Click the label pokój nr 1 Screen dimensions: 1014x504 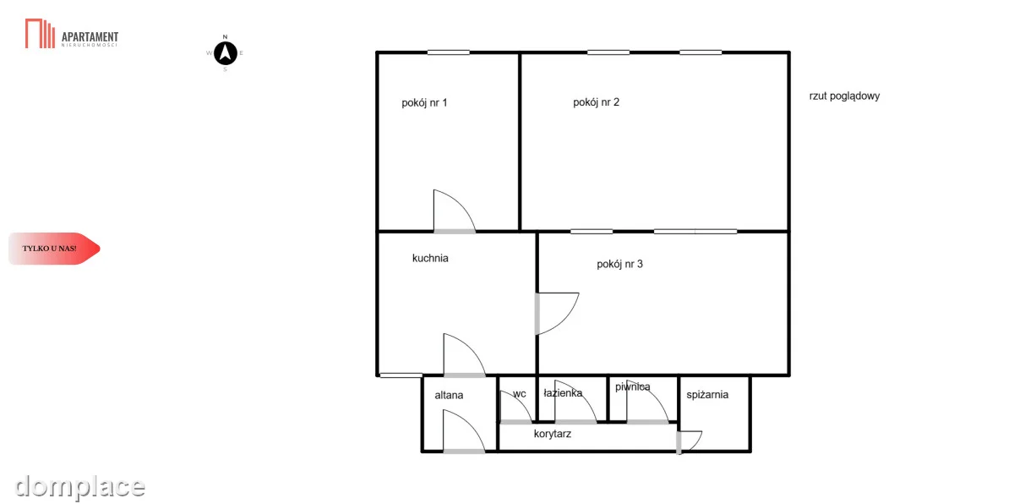coord(424,103)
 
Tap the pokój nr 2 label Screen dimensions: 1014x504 coord(596,103)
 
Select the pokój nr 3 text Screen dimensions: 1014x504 coord(619,265)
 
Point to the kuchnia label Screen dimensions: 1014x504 coord(430,258)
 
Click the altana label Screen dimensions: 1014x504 coord(449,395)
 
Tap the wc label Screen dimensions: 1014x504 coord(519,394)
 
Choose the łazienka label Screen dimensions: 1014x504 coord(563,393)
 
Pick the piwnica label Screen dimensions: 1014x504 coord(632,387)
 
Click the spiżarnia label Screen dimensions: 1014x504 coord(707,395)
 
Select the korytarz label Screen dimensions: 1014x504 coord(553,434)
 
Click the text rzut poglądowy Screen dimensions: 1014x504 coord(844,96)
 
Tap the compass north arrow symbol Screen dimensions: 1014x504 coord(226,53)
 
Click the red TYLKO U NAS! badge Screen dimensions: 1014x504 coord(54,249)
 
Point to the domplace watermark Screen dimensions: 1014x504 coord(79,487)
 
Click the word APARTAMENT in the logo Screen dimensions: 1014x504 coord(90,36)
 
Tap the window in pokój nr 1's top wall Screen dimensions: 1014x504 coord(448,52)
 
